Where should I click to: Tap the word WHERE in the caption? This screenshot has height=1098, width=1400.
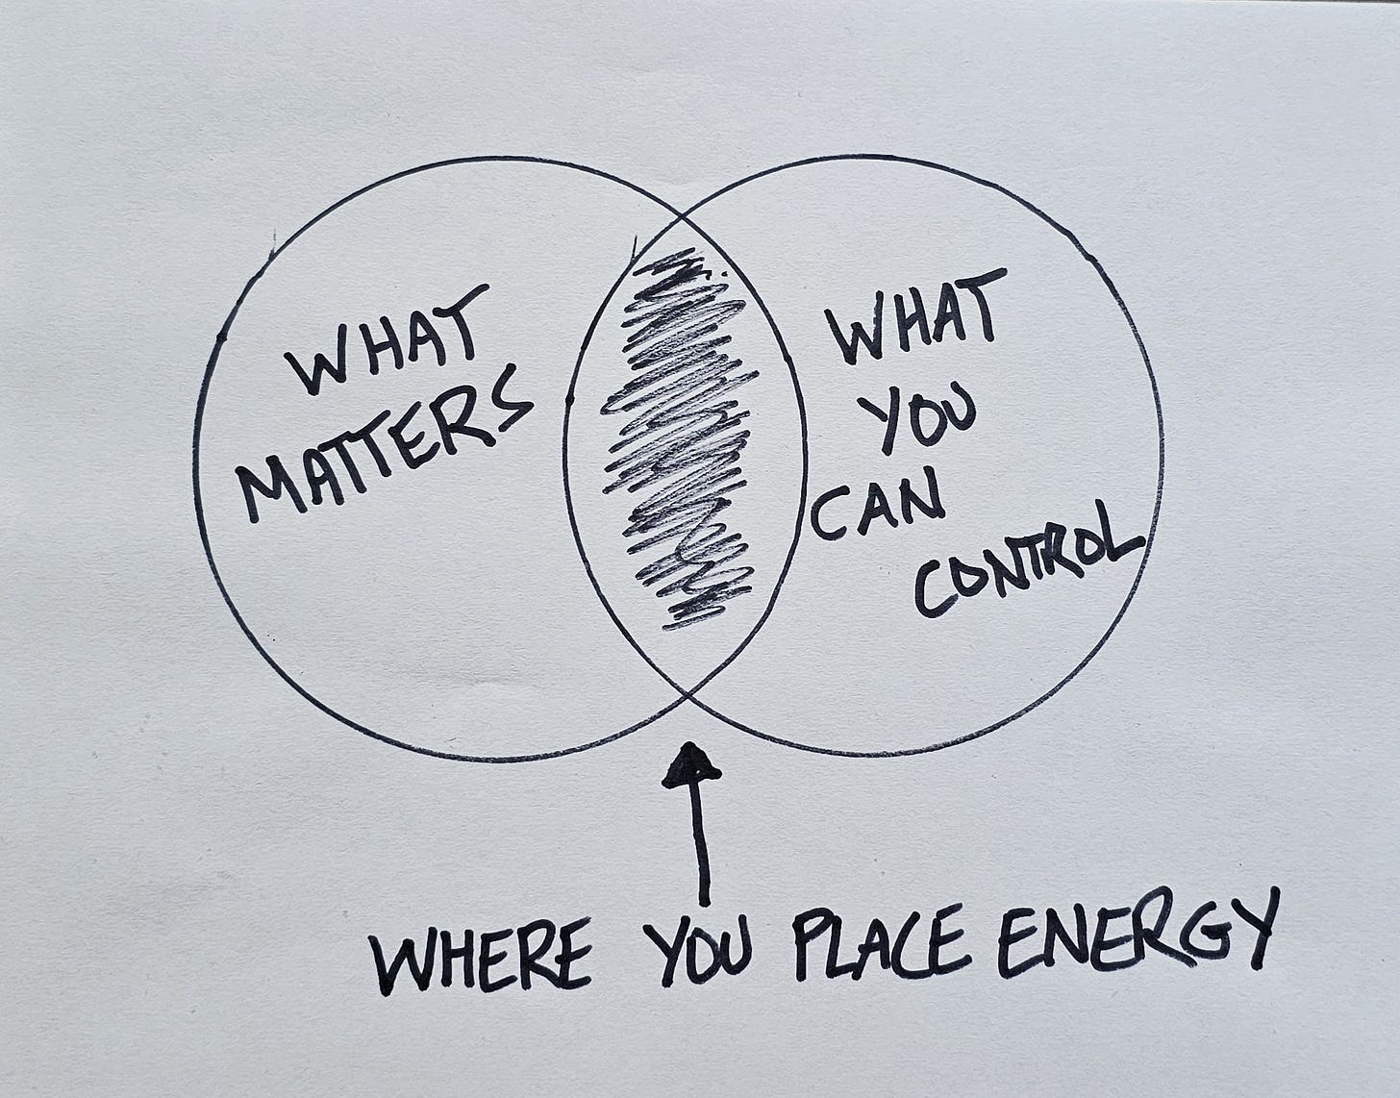[x=482, y=956]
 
